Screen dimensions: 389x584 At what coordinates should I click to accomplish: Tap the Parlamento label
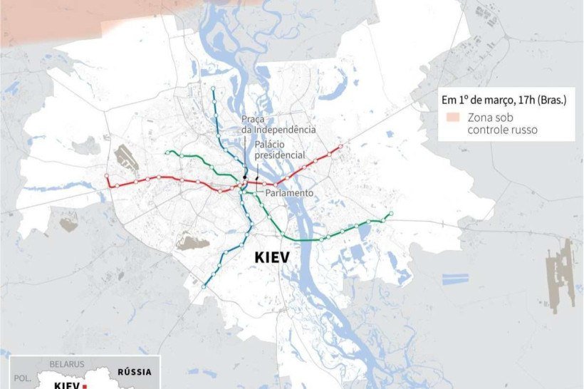tap(288, 193)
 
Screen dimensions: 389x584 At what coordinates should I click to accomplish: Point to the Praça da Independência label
tap(278, 124)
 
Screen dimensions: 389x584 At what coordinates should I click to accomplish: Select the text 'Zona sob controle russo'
tap(502, 124)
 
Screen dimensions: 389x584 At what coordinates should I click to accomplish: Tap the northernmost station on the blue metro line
tap(213, 89)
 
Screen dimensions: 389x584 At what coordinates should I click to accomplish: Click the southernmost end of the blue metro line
tap(204, 286)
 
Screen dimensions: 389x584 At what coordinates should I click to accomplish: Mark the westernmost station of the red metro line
tap(108, 176)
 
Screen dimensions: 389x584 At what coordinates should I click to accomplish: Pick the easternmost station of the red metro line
tap(340, 147)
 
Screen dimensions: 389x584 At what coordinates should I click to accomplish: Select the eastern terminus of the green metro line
tap(390, 214)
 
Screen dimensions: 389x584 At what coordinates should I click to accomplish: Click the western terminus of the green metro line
tap(167, 152)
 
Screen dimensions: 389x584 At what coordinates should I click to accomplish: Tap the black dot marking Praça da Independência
tap(244, 177)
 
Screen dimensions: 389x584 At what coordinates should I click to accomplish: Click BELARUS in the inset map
tap(68, 363)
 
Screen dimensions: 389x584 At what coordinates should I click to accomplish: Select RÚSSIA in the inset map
tap(134, 371)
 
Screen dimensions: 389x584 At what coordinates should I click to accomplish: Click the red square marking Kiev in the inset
tap(84, 385)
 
